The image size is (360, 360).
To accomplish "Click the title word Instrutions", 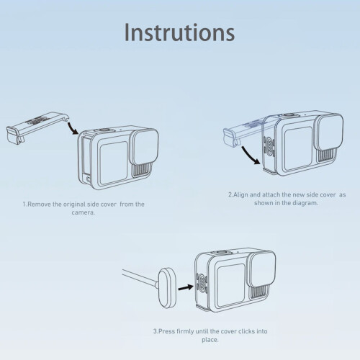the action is coord(179,32).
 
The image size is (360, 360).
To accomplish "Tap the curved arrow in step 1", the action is coord(72,128).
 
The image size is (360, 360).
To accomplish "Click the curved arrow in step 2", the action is coord(251,156).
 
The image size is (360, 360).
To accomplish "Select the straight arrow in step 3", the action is coord(186,287).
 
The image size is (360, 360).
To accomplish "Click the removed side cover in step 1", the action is coord(37,127).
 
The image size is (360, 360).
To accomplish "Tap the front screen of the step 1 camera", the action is coord(114,163).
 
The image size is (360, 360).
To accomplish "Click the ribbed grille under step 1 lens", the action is coord(142,170).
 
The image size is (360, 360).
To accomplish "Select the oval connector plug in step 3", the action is coord(167,288).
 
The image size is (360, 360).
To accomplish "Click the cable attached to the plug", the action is coord(140,278).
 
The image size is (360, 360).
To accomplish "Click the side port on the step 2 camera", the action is coord(269,146).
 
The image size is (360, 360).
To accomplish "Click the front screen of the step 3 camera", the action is coord(231,285).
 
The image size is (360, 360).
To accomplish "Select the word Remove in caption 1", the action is coord(39,204).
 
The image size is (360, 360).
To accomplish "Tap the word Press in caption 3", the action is coord(167,331).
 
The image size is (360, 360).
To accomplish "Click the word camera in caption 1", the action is coord(83,212).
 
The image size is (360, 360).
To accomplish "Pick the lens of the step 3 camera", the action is coord(262,269).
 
